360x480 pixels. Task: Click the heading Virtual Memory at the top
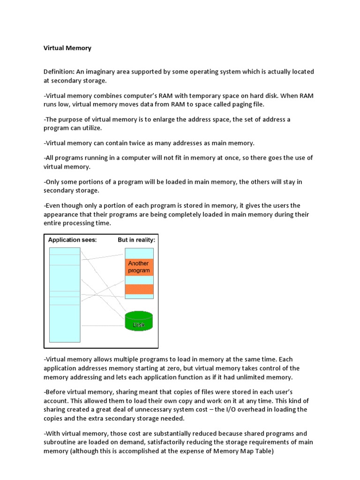click(67, 48)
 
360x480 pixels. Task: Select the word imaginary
click(107, 72)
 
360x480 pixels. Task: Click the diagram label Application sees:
click(73, 240)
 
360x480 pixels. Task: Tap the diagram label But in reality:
click(136, 240)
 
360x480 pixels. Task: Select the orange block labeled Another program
click(139, 267)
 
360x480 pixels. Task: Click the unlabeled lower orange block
click(139, 290)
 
